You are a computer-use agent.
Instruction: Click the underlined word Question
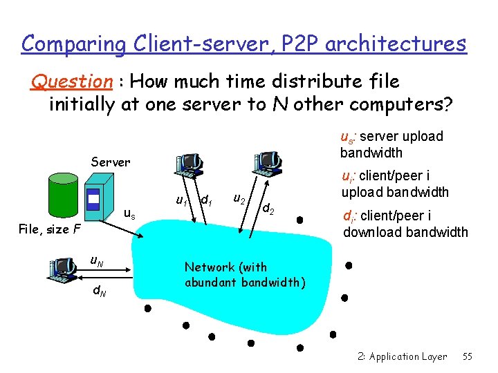click(x=71, y=82)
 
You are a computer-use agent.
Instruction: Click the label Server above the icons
click(x=111, y=162)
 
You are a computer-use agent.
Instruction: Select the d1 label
click(x=205, y=200)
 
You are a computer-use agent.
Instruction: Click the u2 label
click(x=238, y=199)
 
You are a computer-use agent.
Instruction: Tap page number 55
click(x=467, y=356)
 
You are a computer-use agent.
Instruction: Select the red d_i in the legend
click(x=349, y=216)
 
